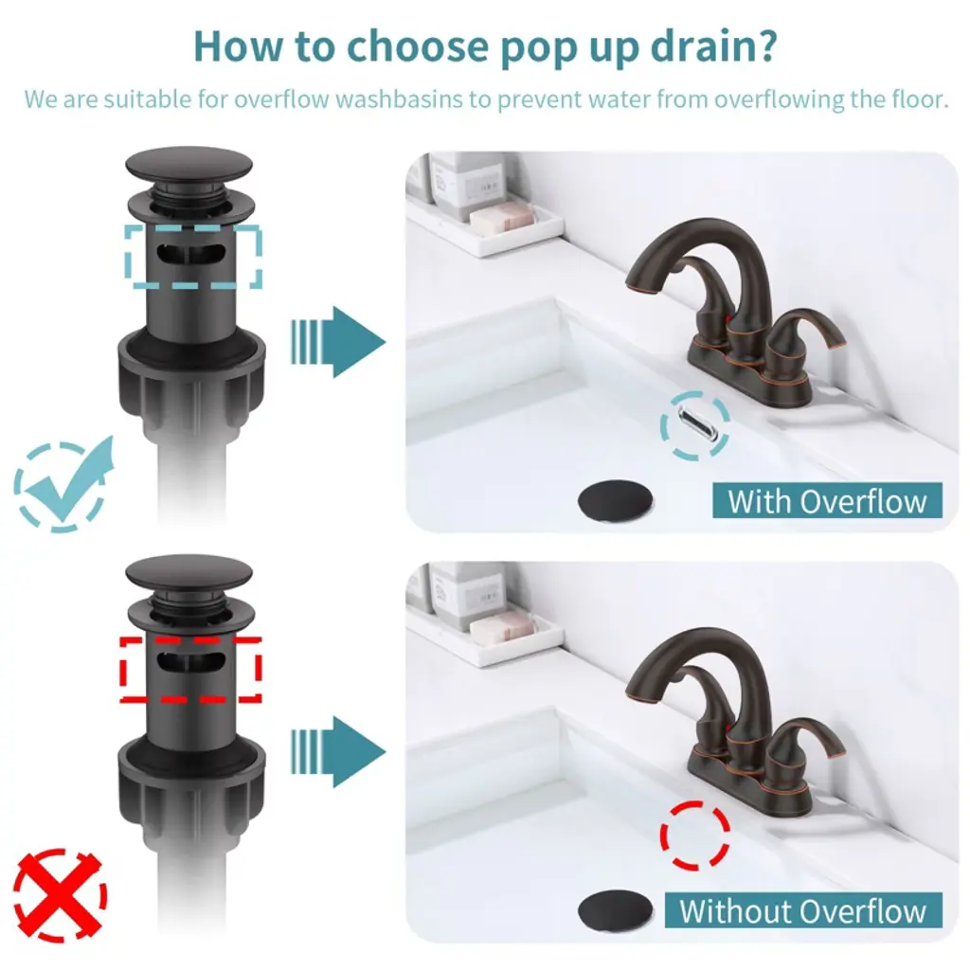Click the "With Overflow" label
pos(827,500)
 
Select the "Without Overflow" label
pos(803,910)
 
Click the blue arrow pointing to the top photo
pos(338,341)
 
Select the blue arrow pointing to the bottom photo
pos(338,751)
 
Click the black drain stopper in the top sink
pos(615,501)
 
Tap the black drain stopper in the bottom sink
pos(615,910)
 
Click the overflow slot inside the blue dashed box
pos(191,254)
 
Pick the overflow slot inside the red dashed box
pos(191,662)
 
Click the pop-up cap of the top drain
pos(189,165)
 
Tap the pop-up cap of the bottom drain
pos(189,572)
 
